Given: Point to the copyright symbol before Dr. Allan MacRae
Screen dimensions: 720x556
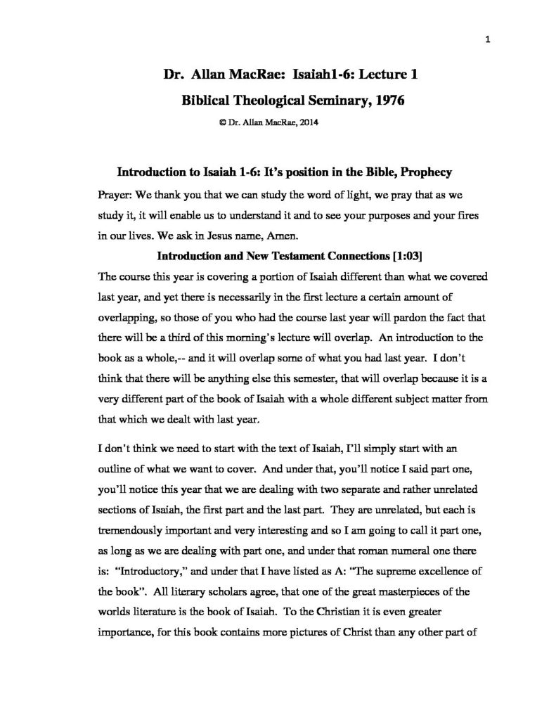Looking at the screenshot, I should click(x=222, y=122).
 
